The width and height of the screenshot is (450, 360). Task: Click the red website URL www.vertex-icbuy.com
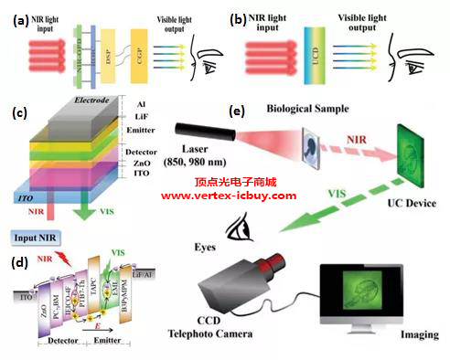(229, 196)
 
